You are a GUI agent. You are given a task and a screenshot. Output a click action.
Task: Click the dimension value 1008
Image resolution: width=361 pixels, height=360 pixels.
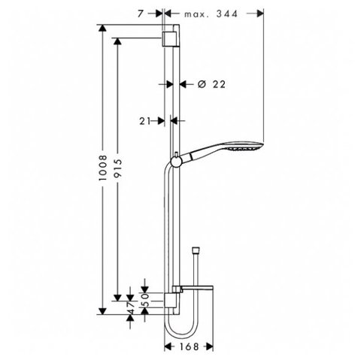(x=102, y=168)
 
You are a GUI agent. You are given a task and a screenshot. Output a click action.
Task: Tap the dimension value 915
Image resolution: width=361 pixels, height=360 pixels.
(x=117, y=168)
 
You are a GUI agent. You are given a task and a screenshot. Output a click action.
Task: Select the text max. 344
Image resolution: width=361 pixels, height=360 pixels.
(x=211, y=14)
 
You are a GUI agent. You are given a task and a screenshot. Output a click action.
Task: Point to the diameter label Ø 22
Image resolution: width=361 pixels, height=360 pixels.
(x=211, y=84)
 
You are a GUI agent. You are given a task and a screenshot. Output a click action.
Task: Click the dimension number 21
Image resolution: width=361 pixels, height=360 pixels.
(x=145, y=121)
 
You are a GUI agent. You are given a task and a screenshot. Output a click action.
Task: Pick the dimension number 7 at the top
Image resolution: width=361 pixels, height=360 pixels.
(x=141, y=14)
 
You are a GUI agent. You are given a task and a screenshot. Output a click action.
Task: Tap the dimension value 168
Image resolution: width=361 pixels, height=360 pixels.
(x=189, y=346)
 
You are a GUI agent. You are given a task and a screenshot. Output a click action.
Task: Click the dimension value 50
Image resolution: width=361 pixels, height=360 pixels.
(x=146, y=300)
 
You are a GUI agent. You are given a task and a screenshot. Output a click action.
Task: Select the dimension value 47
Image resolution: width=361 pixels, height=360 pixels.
(x=131, y=307)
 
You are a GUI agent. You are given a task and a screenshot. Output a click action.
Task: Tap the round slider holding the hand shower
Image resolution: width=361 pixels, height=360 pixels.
(x=177, y=162)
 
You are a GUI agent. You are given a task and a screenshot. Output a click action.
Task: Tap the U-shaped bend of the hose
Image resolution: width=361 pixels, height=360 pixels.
(x=181, y=330)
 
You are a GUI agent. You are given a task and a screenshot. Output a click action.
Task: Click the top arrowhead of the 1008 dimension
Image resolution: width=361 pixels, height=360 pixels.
(x=102, y=28)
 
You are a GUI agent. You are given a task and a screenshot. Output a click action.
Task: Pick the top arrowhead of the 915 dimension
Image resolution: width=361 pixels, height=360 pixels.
(x=117, y=41)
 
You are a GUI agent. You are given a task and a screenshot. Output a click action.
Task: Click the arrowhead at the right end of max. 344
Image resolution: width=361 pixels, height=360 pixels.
(x=260, y=14)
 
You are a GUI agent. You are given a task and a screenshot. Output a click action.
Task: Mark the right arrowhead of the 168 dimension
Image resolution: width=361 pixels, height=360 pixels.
(x=210, y=347)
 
